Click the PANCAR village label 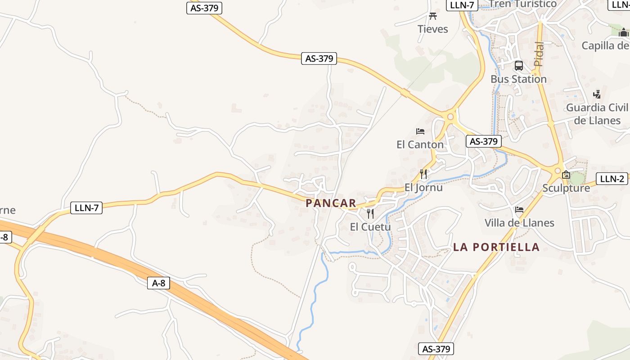[331, 203]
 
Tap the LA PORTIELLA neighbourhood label [496, 247]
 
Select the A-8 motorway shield [158, 283]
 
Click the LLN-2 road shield [612, 179]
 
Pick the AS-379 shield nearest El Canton [483, 141]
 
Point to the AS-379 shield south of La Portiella [436, 349]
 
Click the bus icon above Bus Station [519, 66]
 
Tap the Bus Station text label [518, 79]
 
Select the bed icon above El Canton [420, 131]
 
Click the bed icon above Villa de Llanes [519, 210]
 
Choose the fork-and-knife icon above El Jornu [423, 174]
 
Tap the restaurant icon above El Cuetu [370, 213]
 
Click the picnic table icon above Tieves [433, 16]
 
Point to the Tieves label [433, 29]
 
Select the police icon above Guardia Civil [597, 94]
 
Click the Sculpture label [566, 188]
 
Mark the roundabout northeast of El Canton [450, 116]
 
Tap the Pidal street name [539, 54]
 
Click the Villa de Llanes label [519, 223]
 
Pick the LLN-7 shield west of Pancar [86, 208]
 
